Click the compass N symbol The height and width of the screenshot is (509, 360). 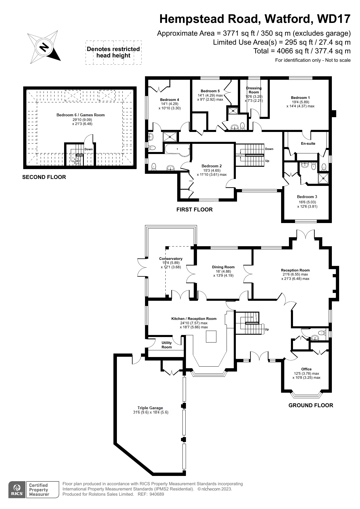[44, 47]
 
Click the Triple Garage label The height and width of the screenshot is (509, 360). [150, 408]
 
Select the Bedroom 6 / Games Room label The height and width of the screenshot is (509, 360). [80, 115]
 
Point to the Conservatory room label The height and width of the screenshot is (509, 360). [171, 259]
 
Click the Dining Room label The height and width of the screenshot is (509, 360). [223, 267]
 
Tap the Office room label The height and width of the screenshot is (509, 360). [306, 369]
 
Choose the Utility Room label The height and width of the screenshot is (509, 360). [167, 345]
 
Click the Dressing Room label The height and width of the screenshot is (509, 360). [254, 90]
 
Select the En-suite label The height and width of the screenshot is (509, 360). [308, 144]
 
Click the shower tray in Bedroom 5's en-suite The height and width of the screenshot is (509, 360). [233, 111]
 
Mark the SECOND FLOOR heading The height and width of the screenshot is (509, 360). [44, 177]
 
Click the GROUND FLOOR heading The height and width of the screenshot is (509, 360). [311, 405]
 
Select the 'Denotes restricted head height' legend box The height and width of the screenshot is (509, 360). [113, 52]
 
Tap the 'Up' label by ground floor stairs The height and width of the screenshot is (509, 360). [267, 329]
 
